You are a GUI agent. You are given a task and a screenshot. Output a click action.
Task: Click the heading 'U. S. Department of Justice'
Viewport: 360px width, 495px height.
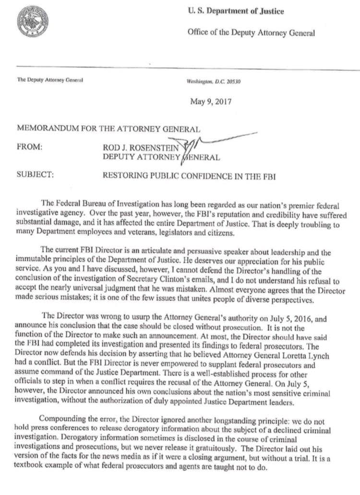[235, 12]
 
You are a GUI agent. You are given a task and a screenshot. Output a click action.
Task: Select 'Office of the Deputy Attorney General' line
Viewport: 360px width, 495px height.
[251, 33]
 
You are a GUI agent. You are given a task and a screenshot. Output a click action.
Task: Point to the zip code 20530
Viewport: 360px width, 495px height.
[232, 82]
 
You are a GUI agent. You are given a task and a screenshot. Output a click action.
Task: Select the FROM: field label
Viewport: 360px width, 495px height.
[30, 147]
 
